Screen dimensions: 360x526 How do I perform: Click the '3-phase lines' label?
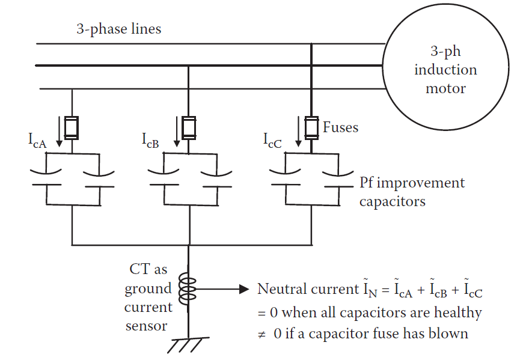click(118, 29)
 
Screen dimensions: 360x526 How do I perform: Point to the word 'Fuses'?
click(340, 127)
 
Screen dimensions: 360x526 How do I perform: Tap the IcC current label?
click(273, 140)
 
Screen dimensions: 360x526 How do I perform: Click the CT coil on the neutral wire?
click(189, 290)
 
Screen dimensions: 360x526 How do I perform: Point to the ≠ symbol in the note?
click(262, 334)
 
